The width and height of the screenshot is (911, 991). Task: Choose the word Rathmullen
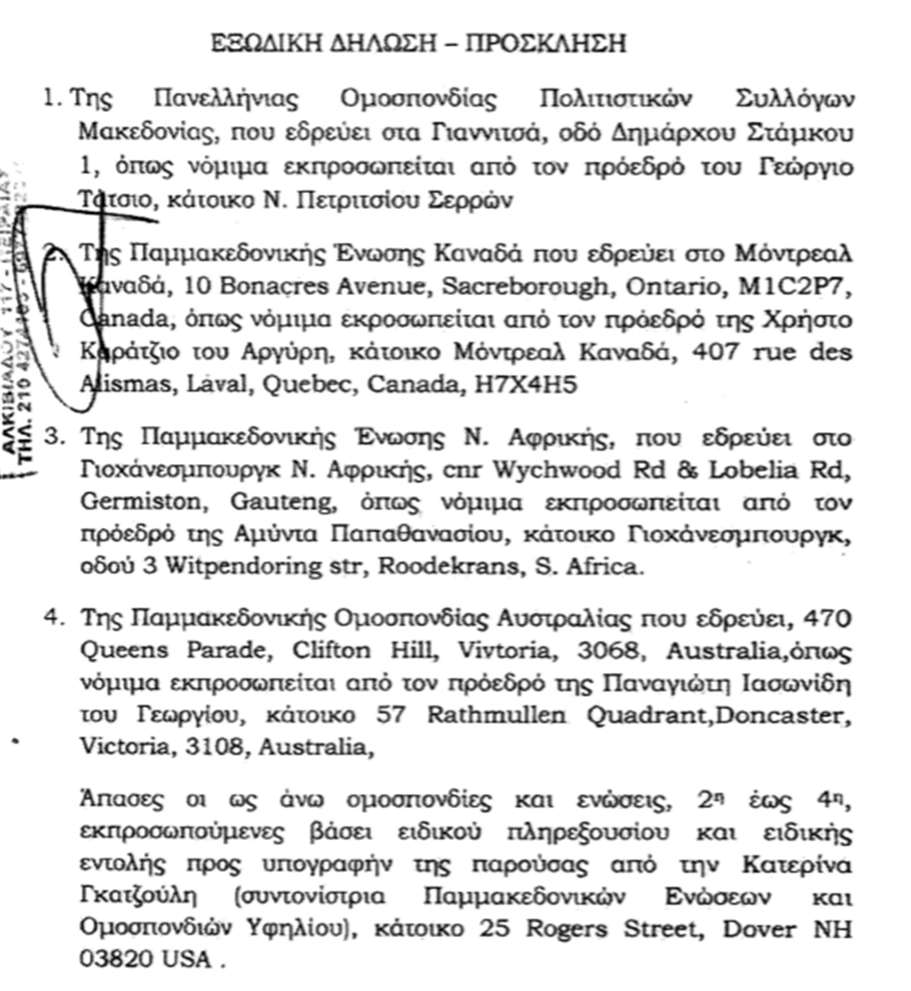tap(489, 715)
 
